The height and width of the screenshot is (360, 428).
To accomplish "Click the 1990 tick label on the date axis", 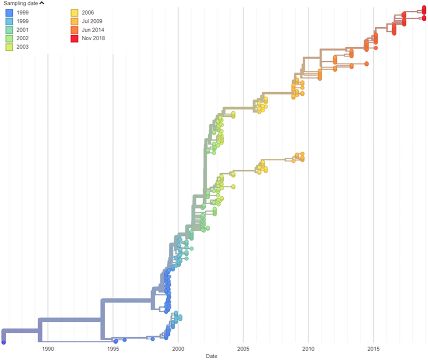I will [x=48, y=349].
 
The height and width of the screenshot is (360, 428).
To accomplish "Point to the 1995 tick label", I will [x=113, y=349].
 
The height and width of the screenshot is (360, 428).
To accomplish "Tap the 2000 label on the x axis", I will [x=178, y=349].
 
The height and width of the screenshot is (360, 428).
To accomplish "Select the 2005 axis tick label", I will [x=243, y=349].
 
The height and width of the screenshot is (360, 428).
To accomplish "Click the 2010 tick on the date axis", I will [x=308, y=349].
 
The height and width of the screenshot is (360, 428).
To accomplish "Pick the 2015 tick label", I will [x=373, y=349].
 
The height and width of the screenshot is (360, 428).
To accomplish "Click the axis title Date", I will [x=212, y=356].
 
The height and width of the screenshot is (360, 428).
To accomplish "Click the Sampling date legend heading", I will [x=21, y=3].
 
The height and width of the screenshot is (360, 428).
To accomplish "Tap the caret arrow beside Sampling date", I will [x=42, y=3].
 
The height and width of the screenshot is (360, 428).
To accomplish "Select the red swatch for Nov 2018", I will [x=74, y=39].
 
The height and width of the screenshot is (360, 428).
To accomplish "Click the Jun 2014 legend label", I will [x=93, y=30].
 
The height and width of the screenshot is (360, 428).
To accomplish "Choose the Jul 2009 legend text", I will [x=92, y=21].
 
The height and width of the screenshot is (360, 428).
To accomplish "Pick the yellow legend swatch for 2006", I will [x=74, y=13].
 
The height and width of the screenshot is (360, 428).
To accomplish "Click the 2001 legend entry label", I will [x=22, y=30].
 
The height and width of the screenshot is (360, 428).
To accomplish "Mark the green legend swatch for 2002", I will [x=9, y=39].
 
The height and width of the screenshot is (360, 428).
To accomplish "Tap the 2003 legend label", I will [x=22, y=47].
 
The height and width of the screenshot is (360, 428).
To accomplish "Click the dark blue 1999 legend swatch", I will [x=9, y=13].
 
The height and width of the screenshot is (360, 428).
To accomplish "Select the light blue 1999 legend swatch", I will [x=9, y=21].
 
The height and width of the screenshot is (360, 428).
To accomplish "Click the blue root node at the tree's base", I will [x=4, y=343].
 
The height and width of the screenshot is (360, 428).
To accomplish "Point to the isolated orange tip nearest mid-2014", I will [x=366, y=64].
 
